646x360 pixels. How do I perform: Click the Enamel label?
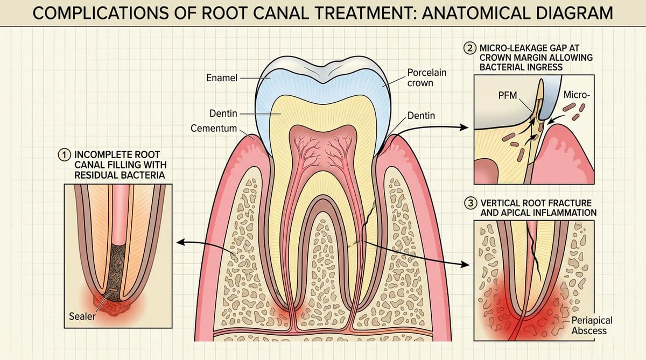click(222, 78)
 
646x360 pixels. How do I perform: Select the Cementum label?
click(214, 128)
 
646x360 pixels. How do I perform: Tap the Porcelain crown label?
click(426, 77)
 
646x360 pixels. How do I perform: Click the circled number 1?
click(64, 155)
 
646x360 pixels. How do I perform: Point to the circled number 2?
click(470, 48)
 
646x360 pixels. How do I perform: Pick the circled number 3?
click(471, 203)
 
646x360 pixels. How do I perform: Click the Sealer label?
click(82, 316)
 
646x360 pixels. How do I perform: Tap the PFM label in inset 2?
click(508, 95)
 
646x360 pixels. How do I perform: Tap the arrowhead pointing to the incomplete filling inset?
click(180, 242)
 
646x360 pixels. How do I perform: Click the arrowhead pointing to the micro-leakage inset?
click(464, 127)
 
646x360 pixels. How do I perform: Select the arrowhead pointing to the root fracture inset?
click(466, 264)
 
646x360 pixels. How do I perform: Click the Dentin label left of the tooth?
click(223, 114)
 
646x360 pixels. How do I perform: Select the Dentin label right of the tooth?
click(421, 116)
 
